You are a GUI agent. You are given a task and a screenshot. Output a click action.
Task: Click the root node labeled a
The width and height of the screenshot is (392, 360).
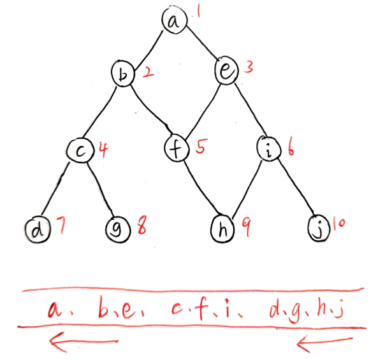coord(173,22)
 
